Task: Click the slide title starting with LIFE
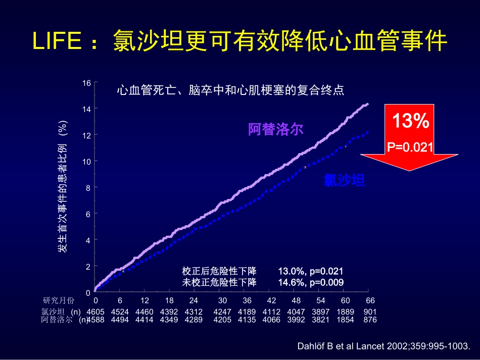(240, 41)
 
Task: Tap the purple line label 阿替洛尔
(275, 129)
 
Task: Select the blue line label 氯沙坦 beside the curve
(345, 181)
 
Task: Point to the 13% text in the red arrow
(410, 121)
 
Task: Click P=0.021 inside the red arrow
(410, 147)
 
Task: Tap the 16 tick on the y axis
(87, 82)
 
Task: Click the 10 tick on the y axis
(87, 161)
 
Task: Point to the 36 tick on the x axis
(247, 300)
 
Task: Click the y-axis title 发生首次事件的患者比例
(62, 186)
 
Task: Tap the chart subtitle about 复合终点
(230, 91)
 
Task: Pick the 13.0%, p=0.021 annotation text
(311, 271)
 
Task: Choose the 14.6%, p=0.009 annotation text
(311, 282)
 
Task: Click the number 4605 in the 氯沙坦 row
(95, 312)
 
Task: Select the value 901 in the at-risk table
(370, 312)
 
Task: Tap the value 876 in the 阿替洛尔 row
(370, 320)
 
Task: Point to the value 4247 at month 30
(223, 312)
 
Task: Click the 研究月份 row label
(58, 301)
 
